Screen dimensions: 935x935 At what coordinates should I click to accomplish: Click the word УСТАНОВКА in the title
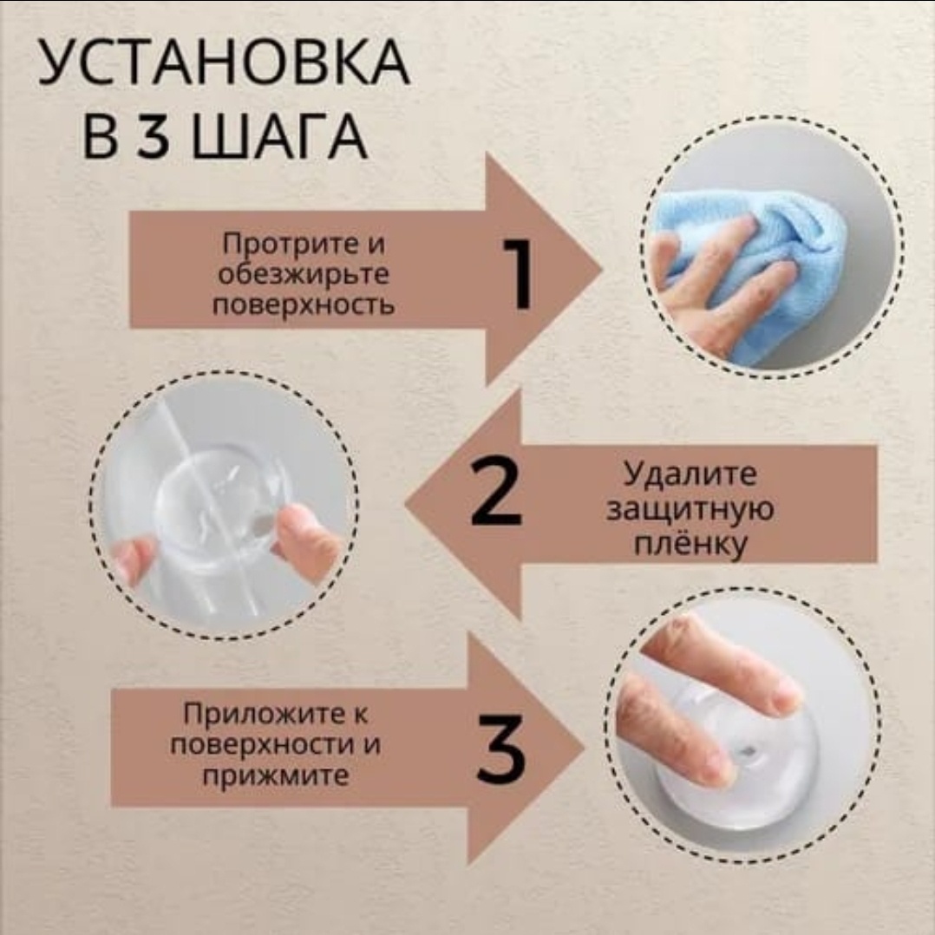(224, 62)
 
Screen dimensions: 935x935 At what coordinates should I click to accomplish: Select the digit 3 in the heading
(153, 137)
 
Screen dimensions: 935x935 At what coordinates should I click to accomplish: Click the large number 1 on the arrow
(517, 274)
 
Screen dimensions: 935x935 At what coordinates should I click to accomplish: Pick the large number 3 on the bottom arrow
(501, 748)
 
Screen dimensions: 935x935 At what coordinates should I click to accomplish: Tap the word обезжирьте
(303, 275)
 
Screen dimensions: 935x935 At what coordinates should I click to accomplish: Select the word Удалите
(690, 474)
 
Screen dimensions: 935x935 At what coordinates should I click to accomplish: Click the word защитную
(690, 509)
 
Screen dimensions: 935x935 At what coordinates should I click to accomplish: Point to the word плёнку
(690, 544)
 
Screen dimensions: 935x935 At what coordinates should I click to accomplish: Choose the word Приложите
(275, 714)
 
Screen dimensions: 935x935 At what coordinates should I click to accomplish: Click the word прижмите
(275, 775)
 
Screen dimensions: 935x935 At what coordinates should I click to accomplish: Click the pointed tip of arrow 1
(602, 269)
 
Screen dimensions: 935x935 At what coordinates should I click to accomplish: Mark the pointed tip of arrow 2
(406, 503)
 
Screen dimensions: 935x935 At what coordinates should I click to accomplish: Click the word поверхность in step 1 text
(304, 305)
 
